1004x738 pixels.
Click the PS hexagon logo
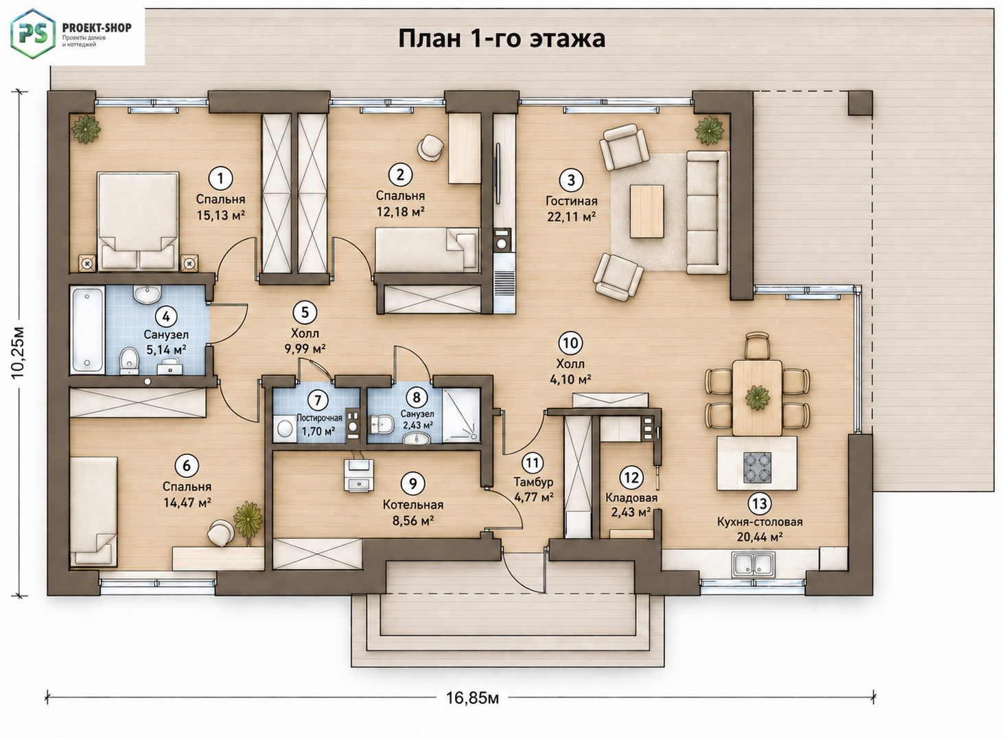(33, 34)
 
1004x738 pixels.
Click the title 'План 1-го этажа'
(502, 39)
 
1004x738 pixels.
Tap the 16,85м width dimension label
(472, 698)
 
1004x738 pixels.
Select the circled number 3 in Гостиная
(571, 181)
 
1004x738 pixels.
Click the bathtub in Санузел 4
(87, 330)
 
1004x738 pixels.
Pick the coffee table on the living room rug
(646, 211)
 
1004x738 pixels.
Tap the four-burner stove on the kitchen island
(758, 467)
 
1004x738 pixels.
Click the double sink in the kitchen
(754, 564)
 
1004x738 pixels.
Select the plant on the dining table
(758, 398)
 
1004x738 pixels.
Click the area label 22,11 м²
(572, 217)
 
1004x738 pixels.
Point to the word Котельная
(413, 505)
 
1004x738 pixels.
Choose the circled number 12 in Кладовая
(631, 477)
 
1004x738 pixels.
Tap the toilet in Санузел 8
(382, 424)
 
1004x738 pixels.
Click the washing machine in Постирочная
(285, 428)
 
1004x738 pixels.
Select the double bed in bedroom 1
(138, 222)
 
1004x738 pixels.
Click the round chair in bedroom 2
(430, 148)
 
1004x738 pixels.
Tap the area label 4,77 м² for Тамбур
(533, 497)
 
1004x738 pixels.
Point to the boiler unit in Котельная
(358, 475)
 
